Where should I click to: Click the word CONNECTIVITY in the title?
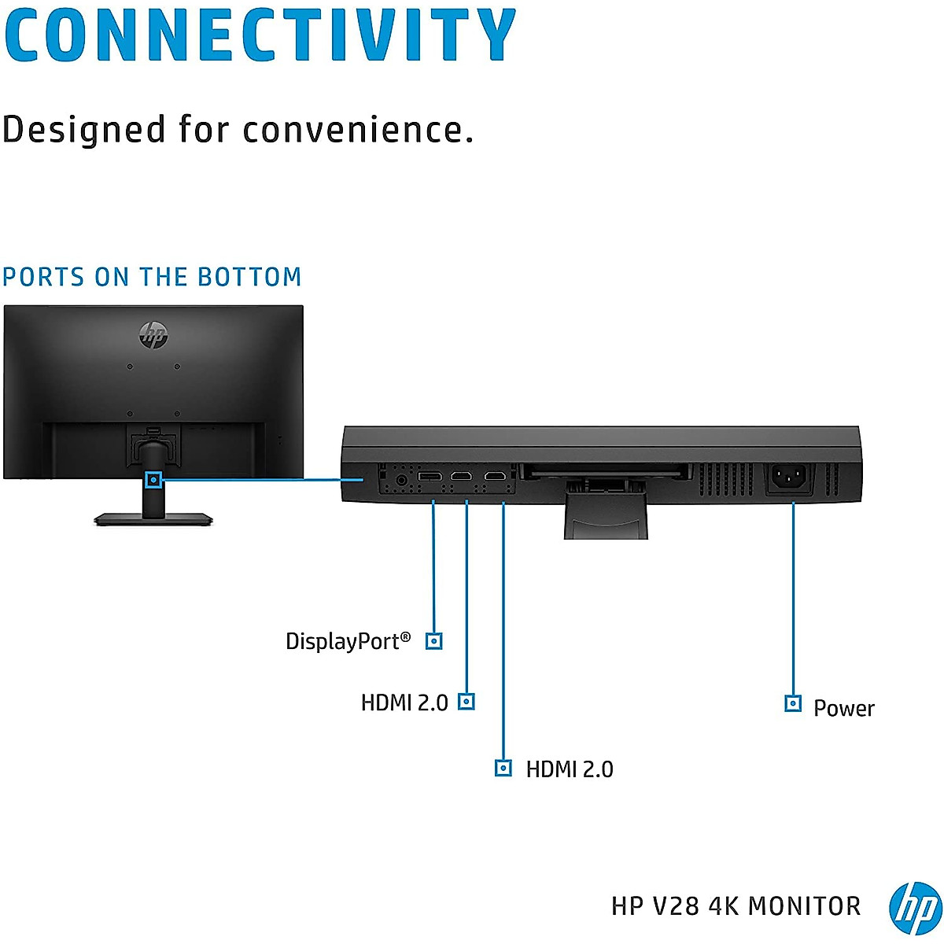click(x=260, y=35)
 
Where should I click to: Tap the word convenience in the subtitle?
click(x=358, y=130)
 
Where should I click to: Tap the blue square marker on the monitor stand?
click(x=154, y=479)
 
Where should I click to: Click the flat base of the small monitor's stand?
click(x=153, y=519)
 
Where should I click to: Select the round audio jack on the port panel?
click(x=402, y=478)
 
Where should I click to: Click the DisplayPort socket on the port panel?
click(x=430, y=477)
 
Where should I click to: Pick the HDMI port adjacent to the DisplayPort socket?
click(x=461, y=477)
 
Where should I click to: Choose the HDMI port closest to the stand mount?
click(x=495, y=477)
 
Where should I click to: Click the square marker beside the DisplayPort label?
click(x=433, y=641)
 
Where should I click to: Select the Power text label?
click(x=843, y=708)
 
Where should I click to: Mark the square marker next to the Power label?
click(x=793, y=703)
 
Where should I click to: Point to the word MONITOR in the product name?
click(x=804, y=906)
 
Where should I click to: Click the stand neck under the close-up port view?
click(x=606, y=519)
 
